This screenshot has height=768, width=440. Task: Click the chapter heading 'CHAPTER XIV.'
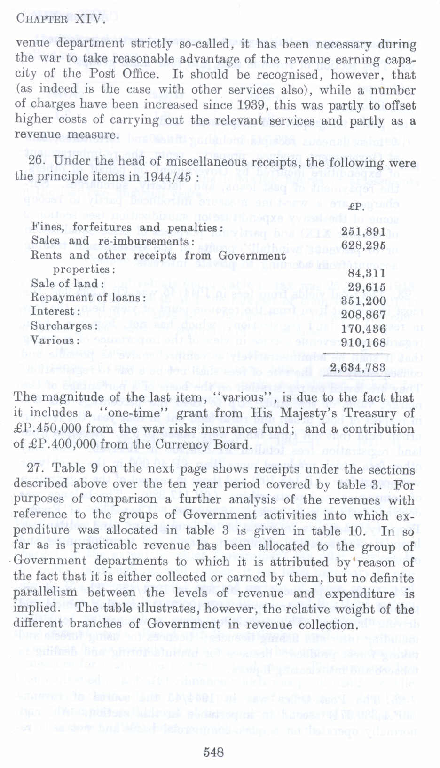60,19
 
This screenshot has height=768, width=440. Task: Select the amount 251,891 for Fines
363,231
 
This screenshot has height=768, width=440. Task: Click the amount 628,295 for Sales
363,245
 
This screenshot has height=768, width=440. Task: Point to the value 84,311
367,273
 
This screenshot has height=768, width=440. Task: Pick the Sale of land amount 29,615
367,287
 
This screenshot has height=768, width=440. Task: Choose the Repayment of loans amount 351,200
363,301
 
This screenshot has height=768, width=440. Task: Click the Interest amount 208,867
363,315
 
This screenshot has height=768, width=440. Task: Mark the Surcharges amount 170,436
363,329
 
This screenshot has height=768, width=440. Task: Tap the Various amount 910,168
363,342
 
